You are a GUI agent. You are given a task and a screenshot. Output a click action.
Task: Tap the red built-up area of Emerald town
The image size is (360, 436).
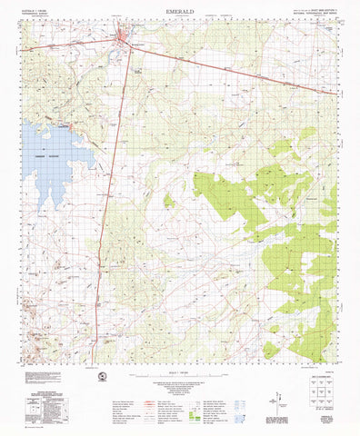(125, 37)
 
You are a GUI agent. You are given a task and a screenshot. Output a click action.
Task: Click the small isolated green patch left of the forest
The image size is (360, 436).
(168, 200)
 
